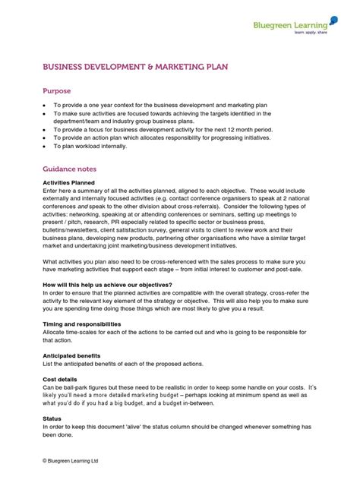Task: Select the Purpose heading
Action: [56, 91]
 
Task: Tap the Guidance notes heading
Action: [68, 169]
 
